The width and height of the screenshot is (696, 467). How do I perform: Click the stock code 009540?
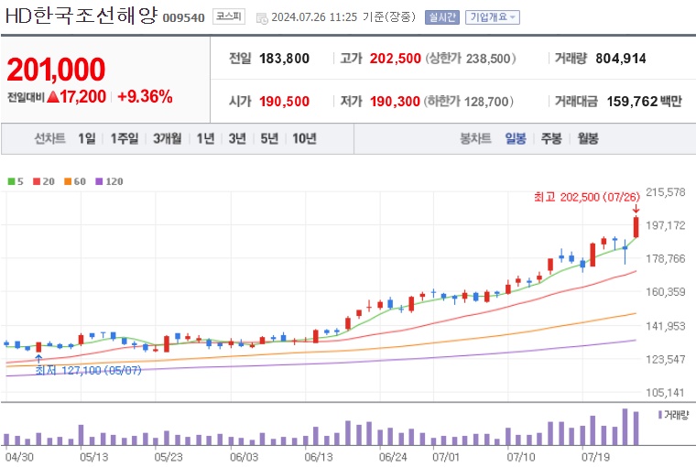pyautogui.click(x=184, y=17)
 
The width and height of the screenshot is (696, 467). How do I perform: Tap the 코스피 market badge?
pyautogui.click(x=227, y=16)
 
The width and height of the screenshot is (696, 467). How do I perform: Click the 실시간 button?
pyautogui.click(x=442, y=16)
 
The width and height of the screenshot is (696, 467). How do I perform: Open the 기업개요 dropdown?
pyautogui.click(x=493, y=16)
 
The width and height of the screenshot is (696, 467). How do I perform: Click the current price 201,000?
pyautogui.click(x=56, y=70)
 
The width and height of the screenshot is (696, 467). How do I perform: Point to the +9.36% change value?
pyautogui.click(x=145, y=95)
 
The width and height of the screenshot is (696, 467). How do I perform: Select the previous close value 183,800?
pyautogui.click(x=283, y=59)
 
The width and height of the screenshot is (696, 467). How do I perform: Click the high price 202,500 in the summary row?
pyautogui.click(x=395, y=59)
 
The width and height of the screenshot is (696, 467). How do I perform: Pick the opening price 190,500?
pyautogui.click(x=283, y=101)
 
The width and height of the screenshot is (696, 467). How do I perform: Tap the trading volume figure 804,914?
pyautogui.click(x=620, y=59)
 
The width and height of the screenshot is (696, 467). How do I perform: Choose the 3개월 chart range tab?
pyautogui.click(x=169, y=138)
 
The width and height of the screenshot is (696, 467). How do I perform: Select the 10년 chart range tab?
pyautogui.click(x=304, y=138)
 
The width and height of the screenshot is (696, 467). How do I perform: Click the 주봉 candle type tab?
pyautogui.click(x=550, y=138)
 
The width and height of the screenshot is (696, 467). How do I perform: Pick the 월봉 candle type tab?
pyautogui.click(x=587, y=138)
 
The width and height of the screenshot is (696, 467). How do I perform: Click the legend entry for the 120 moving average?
pyautogui.click(x=109, y=181)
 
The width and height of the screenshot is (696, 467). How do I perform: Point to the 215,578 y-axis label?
pyautogui.click(x=666, y=192)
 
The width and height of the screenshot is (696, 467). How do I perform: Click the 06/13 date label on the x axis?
pyautogui.click(x=319, y=454)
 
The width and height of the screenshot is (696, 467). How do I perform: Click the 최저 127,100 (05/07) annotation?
pyautogui.click(x=88, y=370)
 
